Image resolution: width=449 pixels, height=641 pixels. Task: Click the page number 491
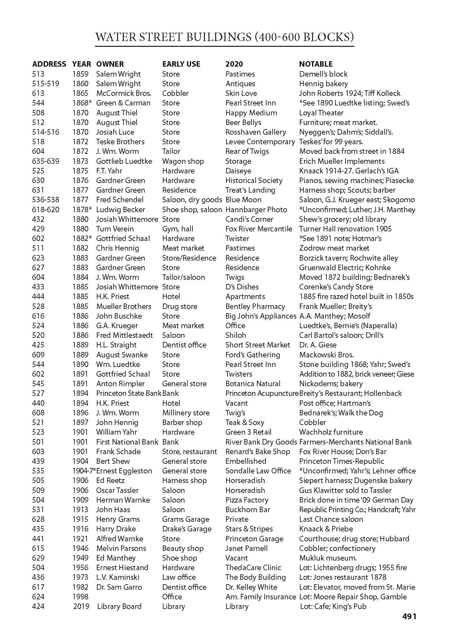pyautogui.click(x=409, y=616)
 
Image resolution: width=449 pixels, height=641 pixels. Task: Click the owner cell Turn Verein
pyautogui.click(x=115, y=229)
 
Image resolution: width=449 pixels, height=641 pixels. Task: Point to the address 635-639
pyautogui.click(x=46, y=161)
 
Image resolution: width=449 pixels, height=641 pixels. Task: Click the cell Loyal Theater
pyautogui.click(x=321, y=113)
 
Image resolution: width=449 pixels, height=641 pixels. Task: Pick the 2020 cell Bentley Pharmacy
pyautogui.click(x=255, y=306)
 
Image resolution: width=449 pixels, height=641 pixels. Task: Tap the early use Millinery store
pyautogui.click(x=186, y=413)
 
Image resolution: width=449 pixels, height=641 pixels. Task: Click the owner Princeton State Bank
pyautogui.click(x=129, y=393)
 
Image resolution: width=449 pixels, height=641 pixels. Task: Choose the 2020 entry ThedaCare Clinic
pyautogui.click(x=253, y=568)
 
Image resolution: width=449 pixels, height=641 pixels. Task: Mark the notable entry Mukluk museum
pyautogui.click(x=328, y=558)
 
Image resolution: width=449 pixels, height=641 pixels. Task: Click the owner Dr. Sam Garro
pyautogui.click(x=119, y=587)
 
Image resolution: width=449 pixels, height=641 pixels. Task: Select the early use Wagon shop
pyautogui.click(x=183, y=161)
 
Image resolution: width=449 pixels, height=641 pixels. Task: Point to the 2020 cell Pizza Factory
pyautogui.click(x=247, y=500)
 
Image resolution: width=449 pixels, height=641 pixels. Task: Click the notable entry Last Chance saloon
pyautogui.click(x=331, y=519)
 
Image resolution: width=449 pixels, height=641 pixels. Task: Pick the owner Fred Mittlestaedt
pyautogui.click(x=124, y=335)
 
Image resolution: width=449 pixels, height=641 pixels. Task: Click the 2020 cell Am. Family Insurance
pyautogui.click(x=260, y=597)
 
